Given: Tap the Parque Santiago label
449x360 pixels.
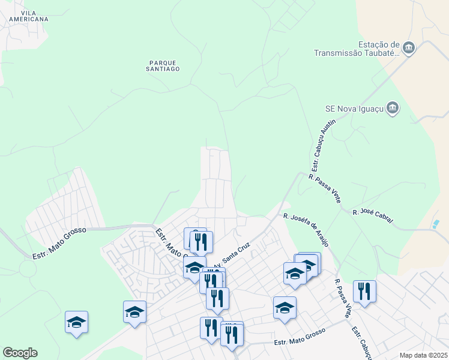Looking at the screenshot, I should [x=163, y=65].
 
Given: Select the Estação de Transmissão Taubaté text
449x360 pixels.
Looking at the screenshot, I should [x=357, y=49].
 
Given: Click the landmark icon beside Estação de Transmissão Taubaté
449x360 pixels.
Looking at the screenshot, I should [x=409, y=48].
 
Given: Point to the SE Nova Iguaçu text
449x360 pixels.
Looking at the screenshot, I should [x=354, y=109].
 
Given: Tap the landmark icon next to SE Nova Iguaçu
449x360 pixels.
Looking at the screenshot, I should [x=393, y=108].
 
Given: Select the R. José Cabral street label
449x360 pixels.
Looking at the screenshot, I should [x=373, y=217].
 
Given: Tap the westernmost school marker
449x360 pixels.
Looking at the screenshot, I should [x=77, y=322].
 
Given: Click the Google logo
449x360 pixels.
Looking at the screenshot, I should [x=20, y=353].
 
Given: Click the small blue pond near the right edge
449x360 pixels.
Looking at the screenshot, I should [x=435, y=224].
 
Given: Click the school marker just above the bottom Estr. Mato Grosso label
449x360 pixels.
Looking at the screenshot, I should [x=285, y=308].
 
